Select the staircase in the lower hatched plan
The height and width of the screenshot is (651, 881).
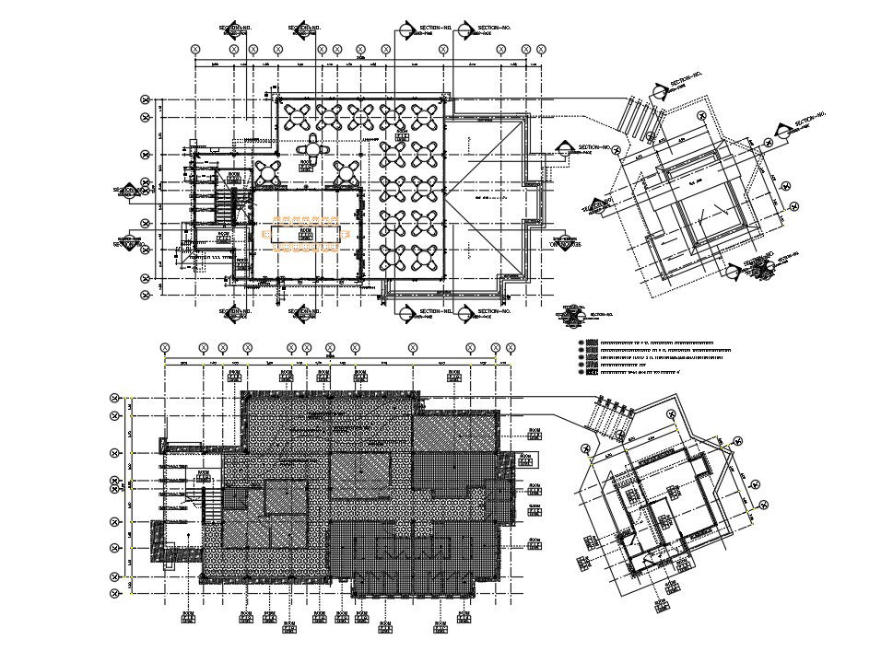(x=211, y=506)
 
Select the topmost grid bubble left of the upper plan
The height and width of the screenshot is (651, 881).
(x=145, y=98)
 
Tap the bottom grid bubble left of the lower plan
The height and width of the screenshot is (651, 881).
(x=115, y=596)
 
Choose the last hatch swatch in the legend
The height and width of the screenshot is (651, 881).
(x=581, y=373)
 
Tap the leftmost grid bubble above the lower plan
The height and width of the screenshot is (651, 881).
(x=165, y=348)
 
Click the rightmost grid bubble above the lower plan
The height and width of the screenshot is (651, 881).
(x=509, y=348)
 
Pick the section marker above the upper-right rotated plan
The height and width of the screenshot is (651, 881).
(x=659, y=89)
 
